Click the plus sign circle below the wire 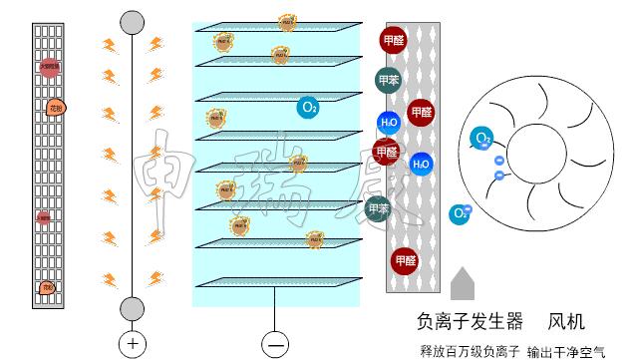133,344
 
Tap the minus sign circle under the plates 275,344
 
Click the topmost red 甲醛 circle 394,41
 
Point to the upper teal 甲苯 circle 389,81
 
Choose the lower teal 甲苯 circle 377,208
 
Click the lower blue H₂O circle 421,164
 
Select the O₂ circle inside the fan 482,139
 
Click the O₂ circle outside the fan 460,212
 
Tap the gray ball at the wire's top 132,22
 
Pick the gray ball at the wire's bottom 132,308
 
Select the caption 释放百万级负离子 470,350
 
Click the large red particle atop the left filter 50,68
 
